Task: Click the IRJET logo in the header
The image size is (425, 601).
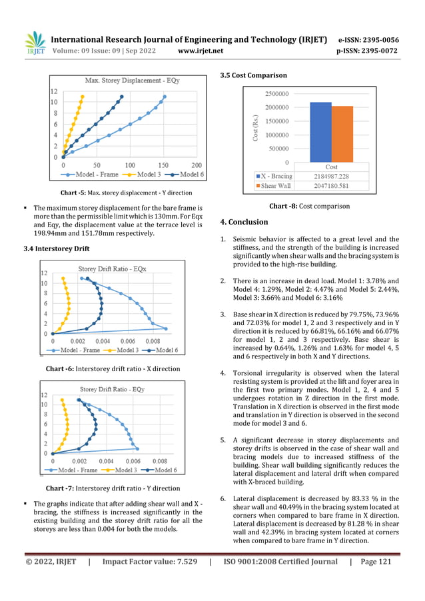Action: tap(35, 43)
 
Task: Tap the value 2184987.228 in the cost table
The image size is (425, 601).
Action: tap(330, 176)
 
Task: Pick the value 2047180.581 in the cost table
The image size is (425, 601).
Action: tap(330, 186)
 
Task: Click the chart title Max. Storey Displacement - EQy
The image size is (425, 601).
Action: tap(127, 81)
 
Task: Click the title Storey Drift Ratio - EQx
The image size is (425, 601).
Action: tap(112, 269)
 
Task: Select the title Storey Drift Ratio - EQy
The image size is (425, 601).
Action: tap(112, 389)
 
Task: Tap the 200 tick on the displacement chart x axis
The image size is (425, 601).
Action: tap(197, 165)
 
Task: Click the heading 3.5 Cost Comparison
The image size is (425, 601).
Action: tap(253, 75)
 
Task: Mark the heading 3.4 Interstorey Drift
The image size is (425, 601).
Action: tap(56, 249)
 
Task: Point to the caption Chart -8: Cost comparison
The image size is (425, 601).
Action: tap(309, 206)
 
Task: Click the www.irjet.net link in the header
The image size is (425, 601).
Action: tap(201, 51)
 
